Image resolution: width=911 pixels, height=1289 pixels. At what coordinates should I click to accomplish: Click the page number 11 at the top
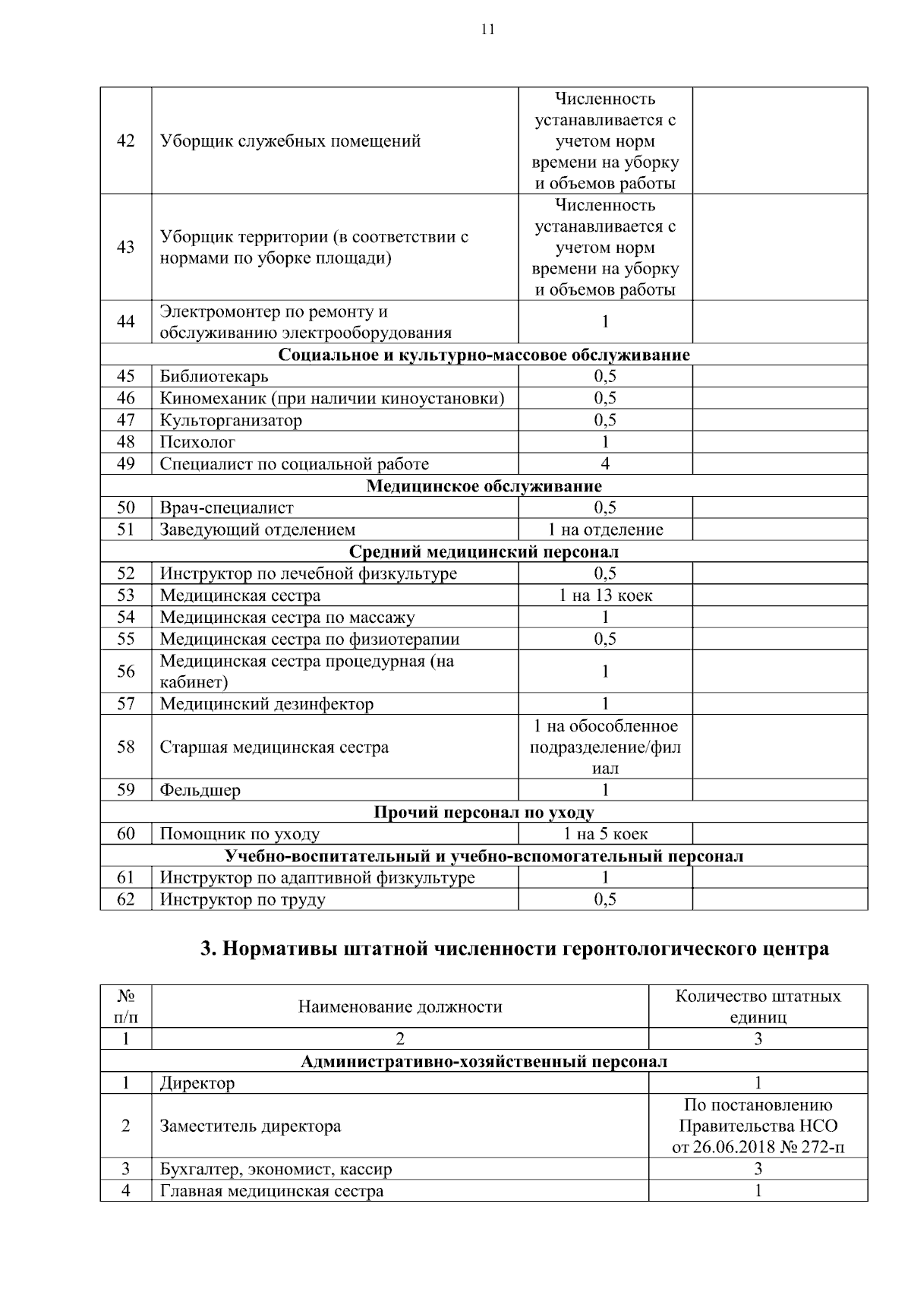(487, 30)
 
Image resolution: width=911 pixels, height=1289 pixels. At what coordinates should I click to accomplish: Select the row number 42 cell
(126, 141)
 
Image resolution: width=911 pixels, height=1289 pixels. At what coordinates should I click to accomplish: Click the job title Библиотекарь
(213, 376)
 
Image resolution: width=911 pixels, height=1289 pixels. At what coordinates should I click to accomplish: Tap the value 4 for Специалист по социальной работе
(605, 464)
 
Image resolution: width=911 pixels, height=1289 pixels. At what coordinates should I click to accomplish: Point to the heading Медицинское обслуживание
(484, 486)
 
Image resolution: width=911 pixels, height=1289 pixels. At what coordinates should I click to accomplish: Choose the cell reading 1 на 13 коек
(605, 596)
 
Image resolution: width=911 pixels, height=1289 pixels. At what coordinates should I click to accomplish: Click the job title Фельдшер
(200, 791)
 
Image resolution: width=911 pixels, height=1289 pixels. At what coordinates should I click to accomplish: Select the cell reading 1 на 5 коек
(605, 834)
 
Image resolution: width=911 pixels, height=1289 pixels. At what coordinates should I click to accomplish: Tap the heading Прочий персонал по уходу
(484, 813)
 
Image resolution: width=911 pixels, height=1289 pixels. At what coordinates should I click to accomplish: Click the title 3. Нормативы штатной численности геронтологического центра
(514, 949)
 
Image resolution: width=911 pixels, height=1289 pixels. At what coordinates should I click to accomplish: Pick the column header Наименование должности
(400, 1007)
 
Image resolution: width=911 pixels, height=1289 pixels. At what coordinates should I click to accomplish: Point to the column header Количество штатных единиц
(758, 1007)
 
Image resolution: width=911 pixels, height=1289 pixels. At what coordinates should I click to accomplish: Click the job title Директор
(197, 1083)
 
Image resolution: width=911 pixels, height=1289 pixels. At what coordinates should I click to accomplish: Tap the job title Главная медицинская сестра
(271, 1191)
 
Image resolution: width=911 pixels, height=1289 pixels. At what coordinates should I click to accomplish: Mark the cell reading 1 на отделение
(605, 530)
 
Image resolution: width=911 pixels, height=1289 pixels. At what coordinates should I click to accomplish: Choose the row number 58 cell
(126, 747)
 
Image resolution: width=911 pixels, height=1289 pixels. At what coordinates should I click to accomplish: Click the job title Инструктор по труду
(242, 900)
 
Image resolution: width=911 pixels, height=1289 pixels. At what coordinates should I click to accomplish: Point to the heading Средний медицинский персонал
(484, 552)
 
